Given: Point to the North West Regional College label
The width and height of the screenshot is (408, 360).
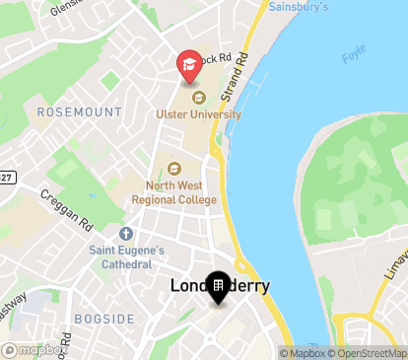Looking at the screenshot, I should tap(173, 192).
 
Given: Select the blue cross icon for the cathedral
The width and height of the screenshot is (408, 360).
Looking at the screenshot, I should tap(125, 235).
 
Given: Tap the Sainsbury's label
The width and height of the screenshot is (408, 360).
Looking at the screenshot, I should tap(300, 6).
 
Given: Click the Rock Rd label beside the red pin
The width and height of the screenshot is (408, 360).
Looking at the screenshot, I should tap(215, 58).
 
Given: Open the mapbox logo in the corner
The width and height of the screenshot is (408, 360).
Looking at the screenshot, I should tap(34, 349).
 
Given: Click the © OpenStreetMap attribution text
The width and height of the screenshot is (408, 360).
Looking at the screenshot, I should tap(368, 353).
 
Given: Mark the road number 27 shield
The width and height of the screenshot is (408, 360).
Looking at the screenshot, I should tap(6, 177).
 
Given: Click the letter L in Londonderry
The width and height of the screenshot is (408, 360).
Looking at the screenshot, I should tap(176, 286).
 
